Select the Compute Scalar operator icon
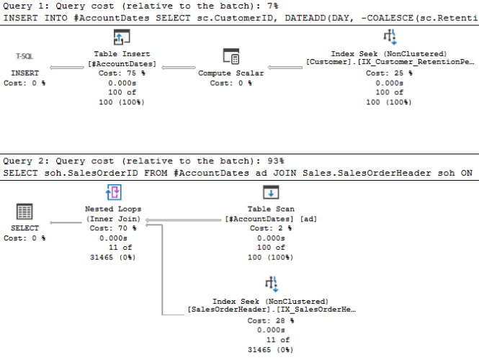click(231, 56)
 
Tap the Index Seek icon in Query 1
click(389, 38)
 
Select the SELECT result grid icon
click(24, 212)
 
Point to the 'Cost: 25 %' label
click(389, 73)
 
